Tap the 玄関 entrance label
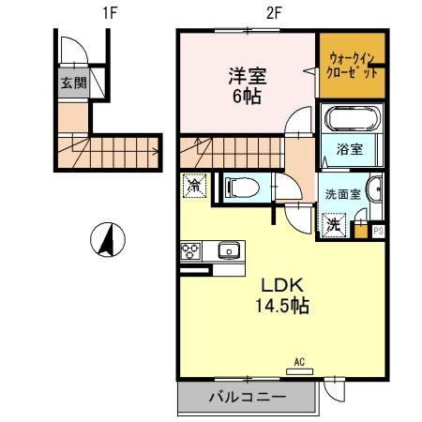point(72,83)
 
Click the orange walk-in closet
point(352,65)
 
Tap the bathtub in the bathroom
point(351,120)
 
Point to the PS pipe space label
point(379,229)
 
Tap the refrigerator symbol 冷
point(194,187)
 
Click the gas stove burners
point(190,250)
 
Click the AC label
point(299,361)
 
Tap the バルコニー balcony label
point(247,399)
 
